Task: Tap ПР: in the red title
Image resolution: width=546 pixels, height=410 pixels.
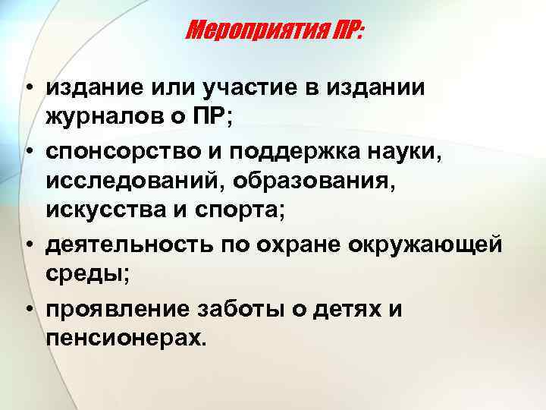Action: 343,31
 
